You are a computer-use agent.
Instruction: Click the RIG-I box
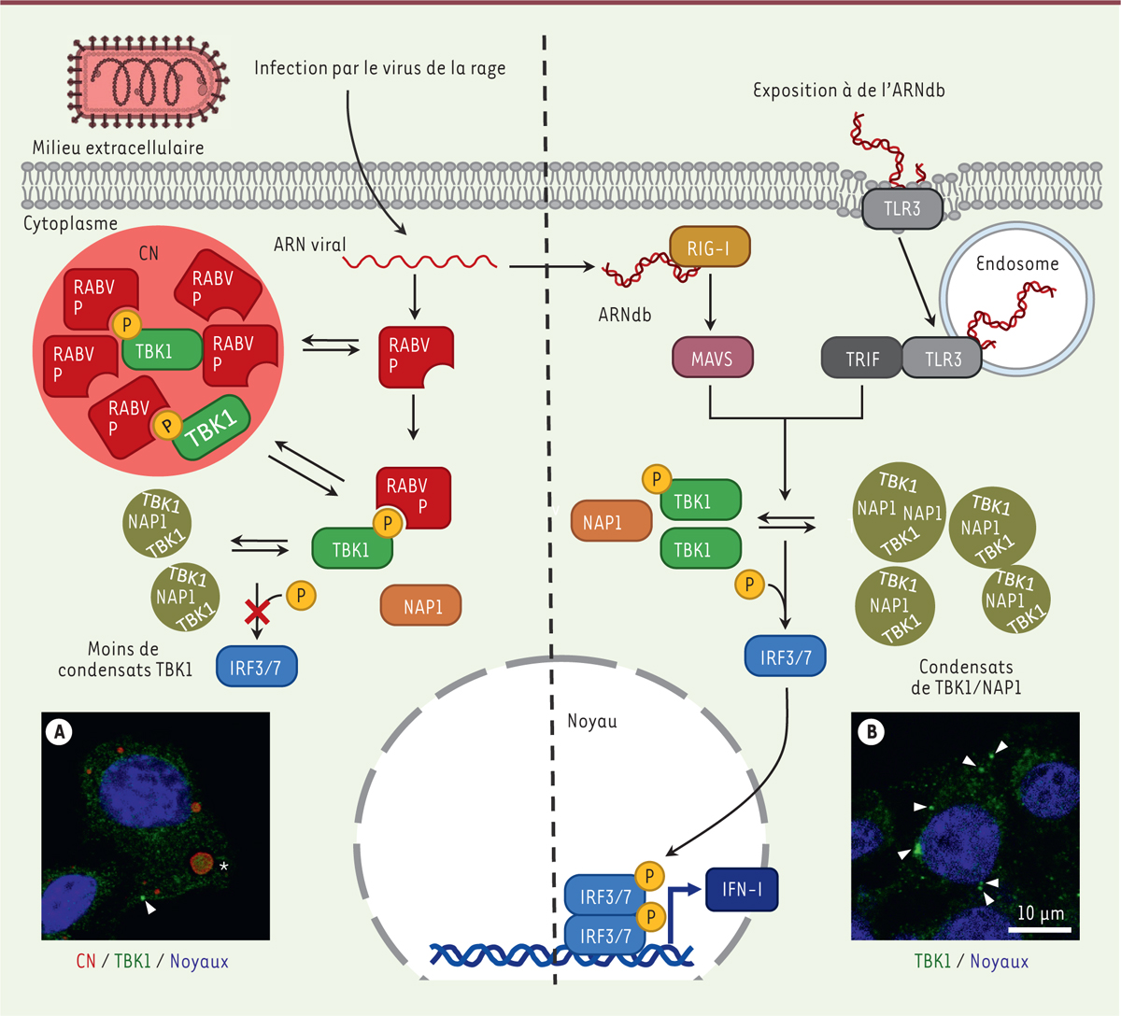[x=710, y=247]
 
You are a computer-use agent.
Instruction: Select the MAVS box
[x=712, y=359]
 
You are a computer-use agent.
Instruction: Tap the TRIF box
[x=861, y=359]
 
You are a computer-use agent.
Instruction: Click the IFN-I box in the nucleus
[x=741, y=890]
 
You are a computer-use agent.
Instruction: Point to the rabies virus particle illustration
[x=148, y=85]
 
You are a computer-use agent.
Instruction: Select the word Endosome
[x=1017, y=263]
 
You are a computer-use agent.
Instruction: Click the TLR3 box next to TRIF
[x=942, y=359]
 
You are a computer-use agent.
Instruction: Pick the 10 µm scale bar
[x=1040, y=930]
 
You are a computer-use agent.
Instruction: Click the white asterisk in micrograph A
[x=223, y=868]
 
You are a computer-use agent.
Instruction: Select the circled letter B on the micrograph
[x=872, y=732]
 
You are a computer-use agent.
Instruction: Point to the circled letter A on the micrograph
[x=61, y=732]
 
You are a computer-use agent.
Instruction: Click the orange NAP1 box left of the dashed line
[x=421, y=607]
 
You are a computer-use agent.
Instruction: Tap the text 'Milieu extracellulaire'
[x=118, y=148]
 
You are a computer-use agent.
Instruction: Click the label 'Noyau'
[x=592, y=722]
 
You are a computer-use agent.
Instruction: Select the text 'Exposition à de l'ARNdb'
[x=849, y=91]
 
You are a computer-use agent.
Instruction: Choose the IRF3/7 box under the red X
[x=256, y=667]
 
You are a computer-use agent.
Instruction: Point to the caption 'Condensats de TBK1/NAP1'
[x=966, y=677]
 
